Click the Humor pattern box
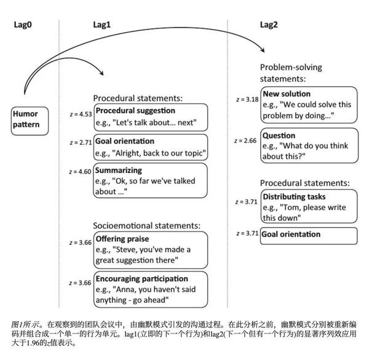[29, 120]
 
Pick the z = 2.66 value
[247, 141]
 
